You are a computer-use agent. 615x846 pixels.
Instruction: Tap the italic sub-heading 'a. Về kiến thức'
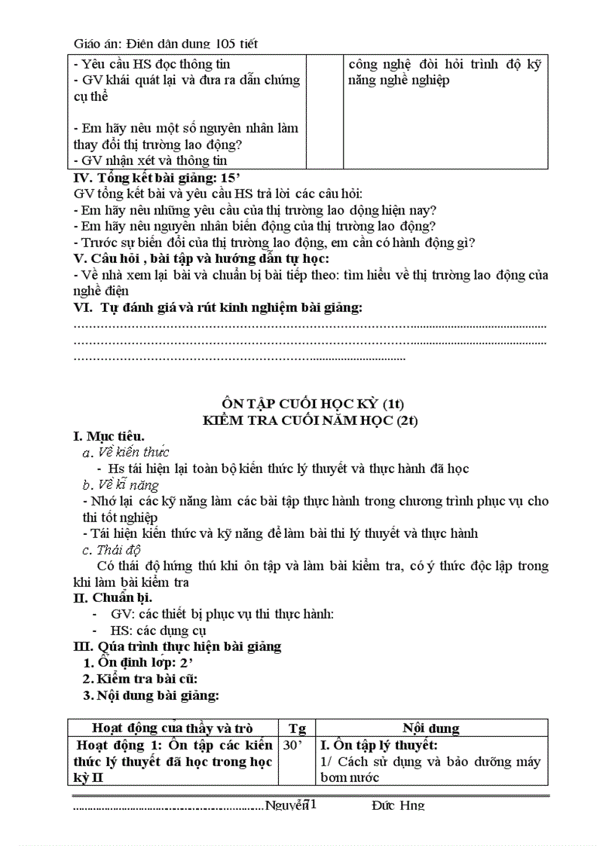click(125, 452)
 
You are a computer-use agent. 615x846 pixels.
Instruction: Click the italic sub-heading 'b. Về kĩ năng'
click(121, 484)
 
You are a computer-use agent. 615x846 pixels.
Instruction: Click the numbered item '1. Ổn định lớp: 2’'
click(142, 662)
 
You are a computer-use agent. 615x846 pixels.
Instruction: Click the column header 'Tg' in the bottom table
click(297, 728)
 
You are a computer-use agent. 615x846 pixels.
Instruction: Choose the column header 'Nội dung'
click(430, 728)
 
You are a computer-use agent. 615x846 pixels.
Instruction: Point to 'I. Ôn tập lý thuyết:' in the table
click(379, 745)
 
